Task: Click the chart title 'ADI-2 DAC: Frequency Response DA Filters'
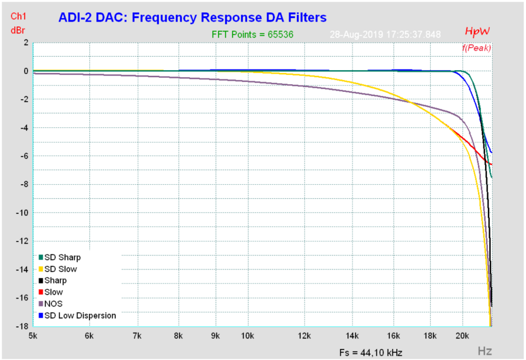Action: pyautogui.click(x=192, y=18)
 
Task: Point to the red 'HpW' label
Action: pyautogui.click(x=477, y=31)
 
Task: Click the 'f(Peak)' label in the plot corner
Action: pyautogui.click(x=476, y=47)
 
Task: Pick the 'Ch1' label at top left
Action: pyautogui.click(x=18, y=16)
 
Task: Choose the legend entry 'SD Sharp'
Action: pyautogui.click(x=63, y=257)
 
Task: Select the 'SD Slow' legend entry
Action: pyautogui.click(x=60, y=269)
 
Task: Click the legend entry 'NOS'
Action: pyautogui.click(x=53, y=304)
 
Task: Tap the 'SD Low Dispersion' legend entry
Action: pyautogui.click(x=80, y=316)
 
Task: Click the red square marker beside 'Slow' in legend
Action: pyautogui.click(x=41, y=292)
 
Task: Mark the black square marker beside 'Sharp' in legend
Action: pyautogui.click(x=41, y=281)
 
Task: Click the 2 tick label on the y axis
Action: pyautogui.click(x=26, y=43)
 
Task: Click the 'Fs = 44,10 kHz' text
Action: pyautogui.click(x=371, y=352)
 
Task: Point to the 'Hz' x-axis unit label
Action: pyautogui.click(x=485, y=351)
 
